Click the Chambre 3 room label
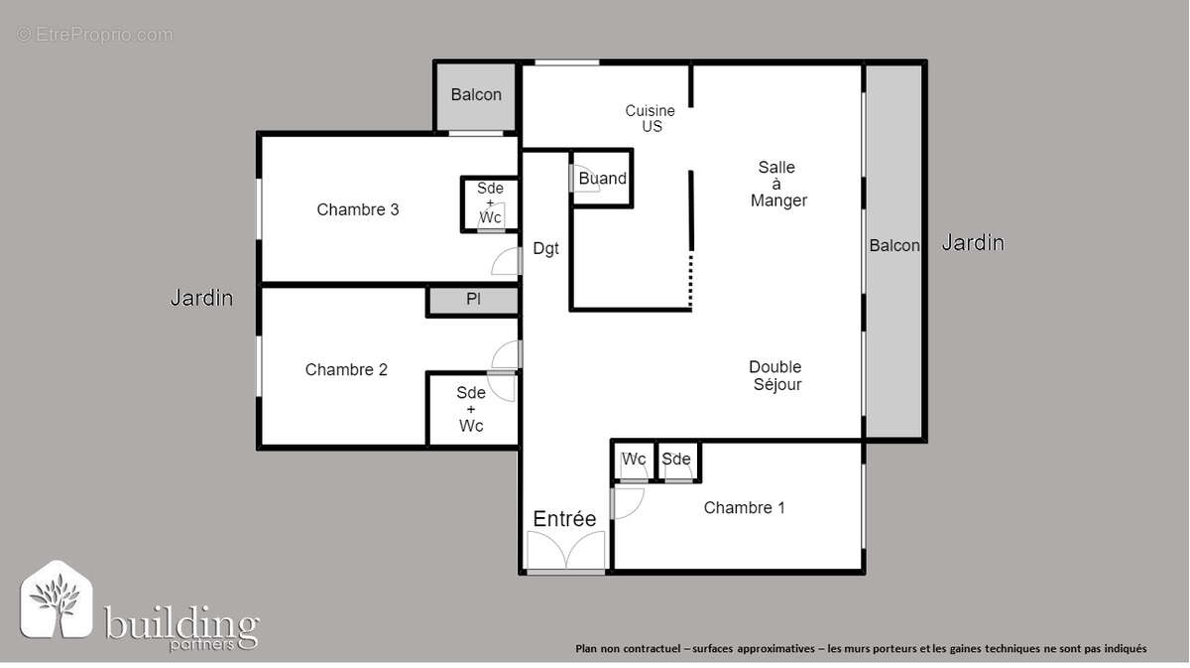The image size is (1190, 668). point(358,209)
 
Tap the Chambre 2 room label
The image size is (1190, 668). point(346,369)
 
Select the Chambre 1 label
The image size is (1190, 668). point(744,507)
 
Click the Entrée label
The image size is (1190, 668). point(564,518)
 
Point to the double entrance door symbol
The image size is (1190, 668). point(565,551)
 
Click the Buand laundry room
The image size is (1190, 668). point(602,179)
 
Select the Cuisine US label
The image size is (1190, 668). point(651,119)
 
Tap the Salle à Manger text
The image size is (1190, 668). point(777,184)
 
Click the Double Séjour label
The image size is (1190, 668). point(775,375)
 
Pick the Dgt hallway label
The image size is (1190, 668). point(545,248)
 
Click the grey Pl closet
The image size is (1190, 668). point(473,299)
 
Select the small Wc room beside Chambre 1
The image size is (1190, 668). point(634,461)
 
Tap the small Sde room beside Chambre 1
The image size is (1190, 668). point(676,461)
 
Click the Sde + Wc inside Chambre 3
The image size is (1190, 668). point(490,202)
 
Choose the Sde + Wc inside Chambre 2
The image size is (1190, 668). point(471,409)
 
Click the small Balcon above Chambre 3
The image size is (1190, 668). point(476,95)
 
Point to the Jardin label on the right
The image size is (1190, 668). point(972,242)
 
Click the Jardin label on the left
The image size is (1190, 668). point(201,297)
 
